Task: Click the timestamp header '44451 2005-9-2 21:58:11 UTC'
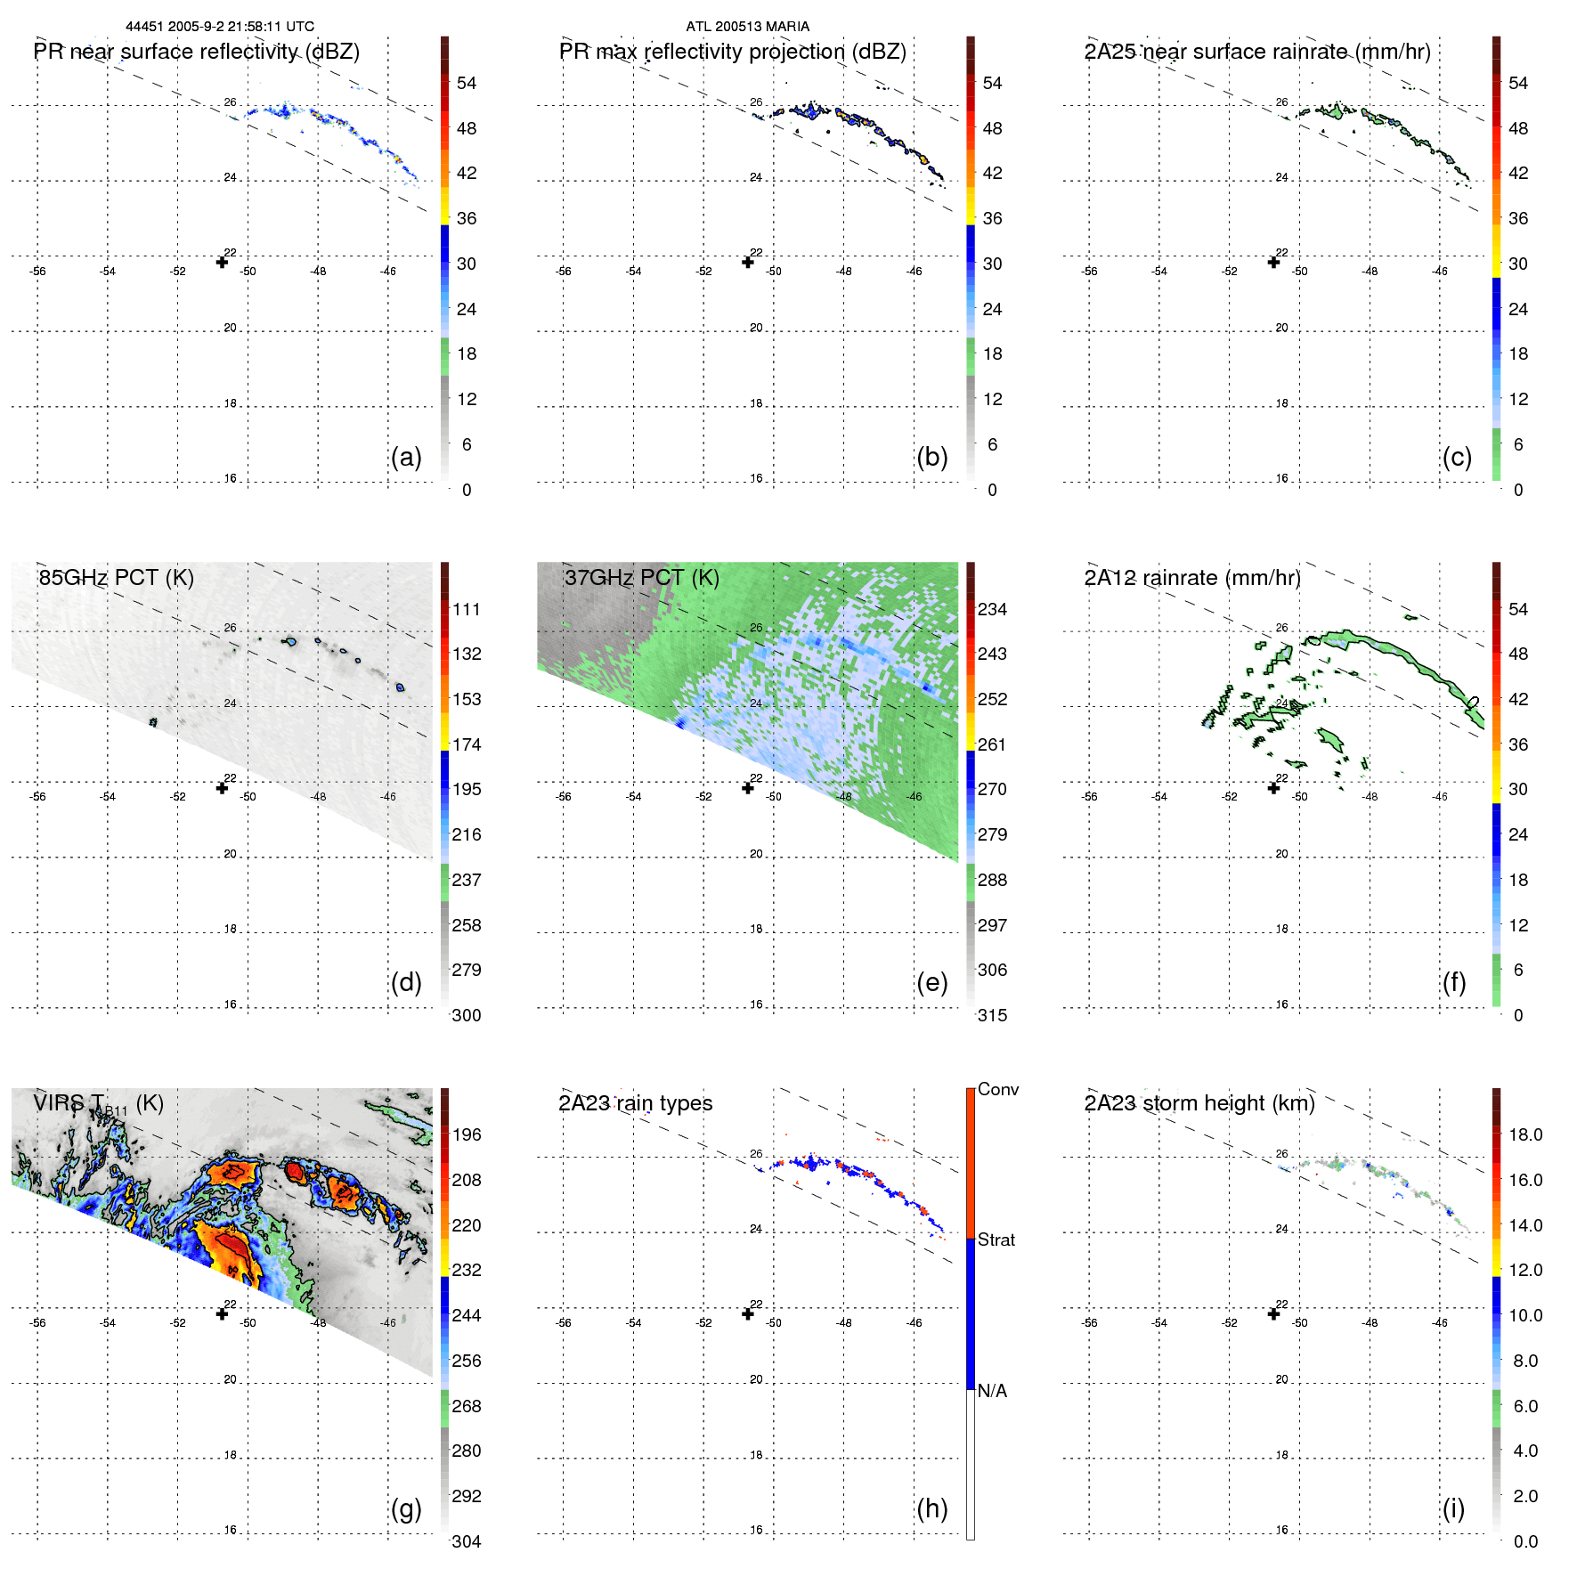pyautogui.click(x=219, y=27)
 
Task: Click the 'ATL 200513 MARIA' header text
pyautogui.click(x=747, y=27)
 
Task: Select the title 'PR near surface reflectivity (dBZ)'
pyautogui.click(x=196, y=52)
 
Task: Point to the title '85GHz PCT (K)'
pyautogui.click(x=116, y=577)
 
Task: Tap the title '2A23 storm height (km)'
pyautogui.click(x=1199, y=1103)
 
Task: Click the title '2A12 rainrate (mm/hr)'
pyautogui.click(x=1191, y=577)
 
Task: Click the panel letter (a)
pyautogui.click(x=406, y=457)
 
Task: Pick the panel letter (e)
pyautogui.click(x=931, y=982)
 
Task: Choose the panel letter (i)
pyautogui.click(x=1453, y=1508)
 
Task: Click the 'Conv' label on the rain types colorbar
pyautogui.click(x=997, y=1089)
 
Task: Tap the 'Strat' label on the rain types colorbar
pyautogui.click(x=996, y=1240)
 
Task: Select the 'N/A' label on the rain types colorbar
pyautogui.click(x=992, y=1391)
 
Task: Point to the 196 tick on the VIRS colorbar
pyautogui.click(x=466, y=1134)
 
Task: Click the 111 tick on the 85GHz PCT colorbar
pyautogui.click(x=466, y=609)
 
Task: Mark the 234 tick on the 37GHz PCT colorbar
pyautogui.click(x=992, y=609)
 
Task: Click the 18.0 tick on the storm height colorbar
pyautogui.click(x=1524, y=1134)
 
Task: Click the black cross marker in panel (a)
pyautogui.click(x=222, y=262)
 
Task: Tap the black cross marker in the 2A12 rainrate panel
pyautogui.click(x=1273, y=787)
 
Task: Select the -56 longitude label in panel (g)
pyautogui.click(x=37, y=1322)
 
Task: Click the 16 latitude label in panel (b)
pyautogui.click(x=755, y=478)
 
